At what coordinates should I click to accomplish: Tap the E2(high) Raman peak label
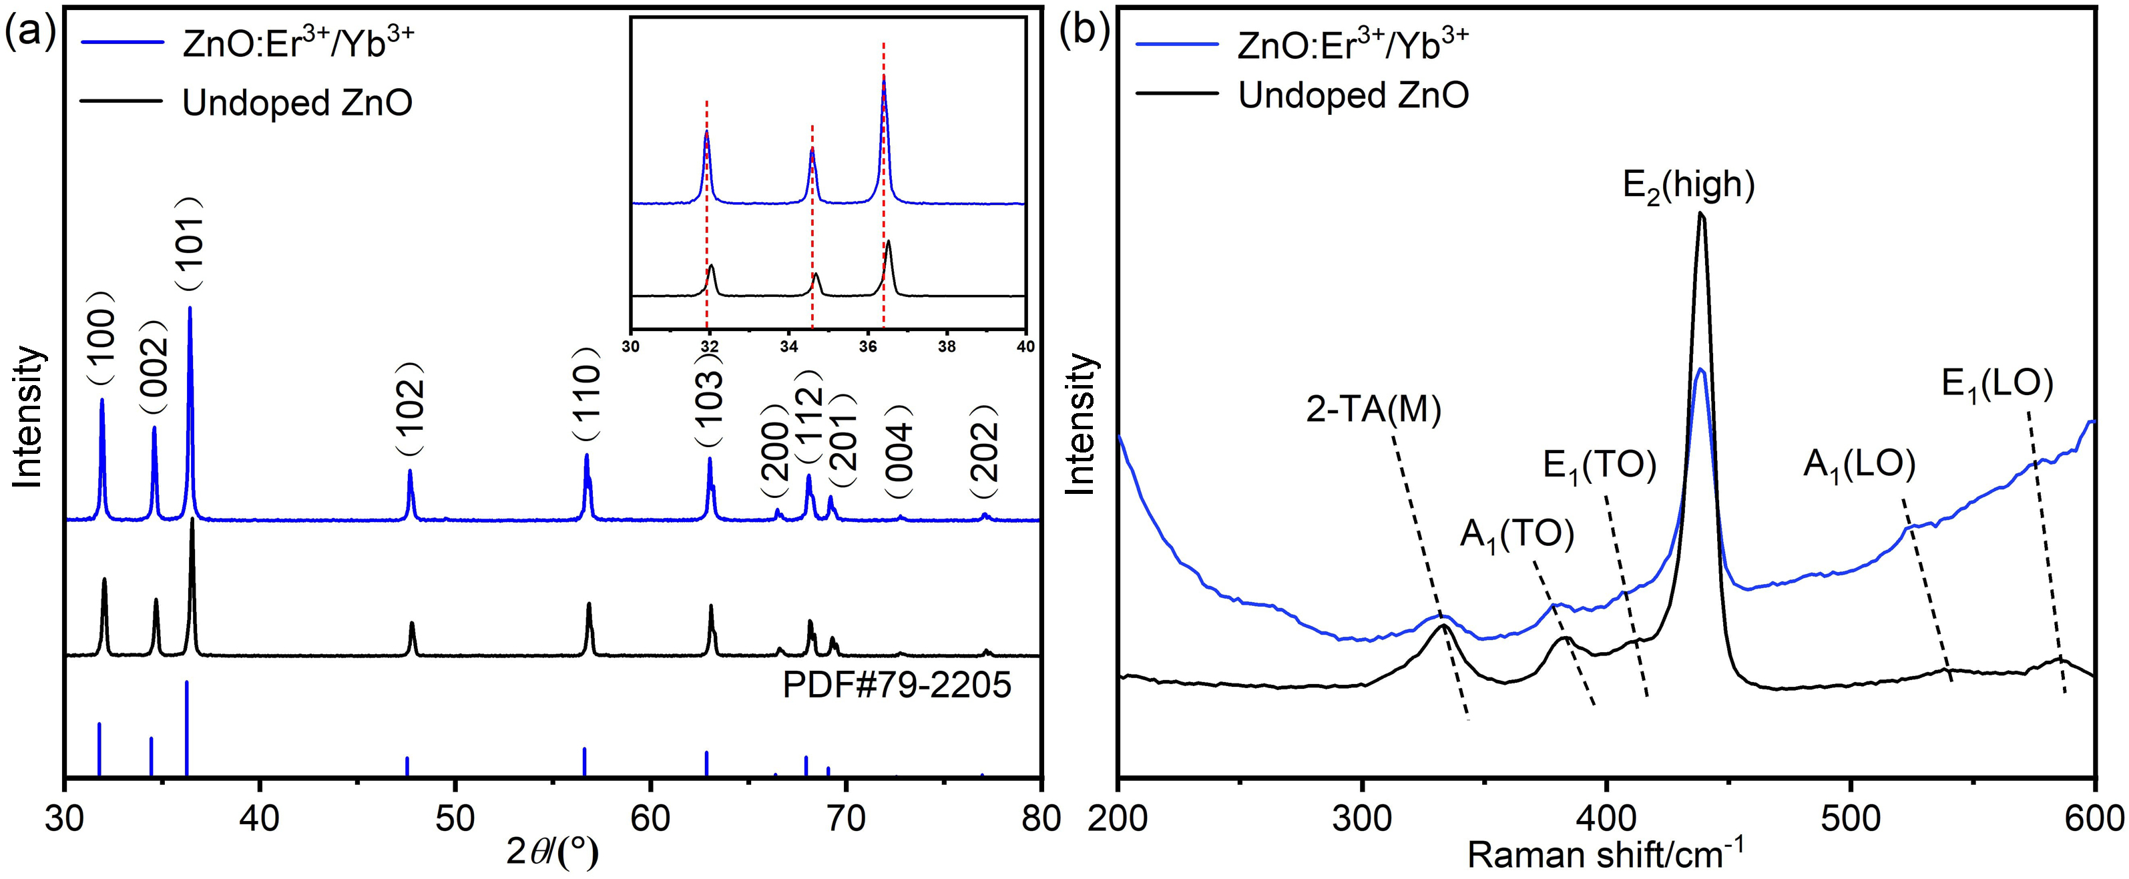pyautogui.click(x=1688, y=185)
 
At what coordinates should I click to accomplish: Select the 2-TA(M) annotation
pyautogui.click(x=1373, y=410)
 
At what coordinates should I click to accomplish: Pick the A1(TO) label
pyautogui.click(x=1517, y=537)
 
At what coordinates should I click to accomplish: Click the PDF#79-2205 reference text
pyautogui.click(x=897, y=685)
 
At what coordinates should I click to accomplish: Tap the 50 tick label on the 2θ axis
pyautogui.click(x=455, y=820)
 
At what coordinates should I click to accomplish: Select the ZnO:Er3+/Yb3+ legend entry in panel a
pyautogui.click(x=296, y=45)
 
